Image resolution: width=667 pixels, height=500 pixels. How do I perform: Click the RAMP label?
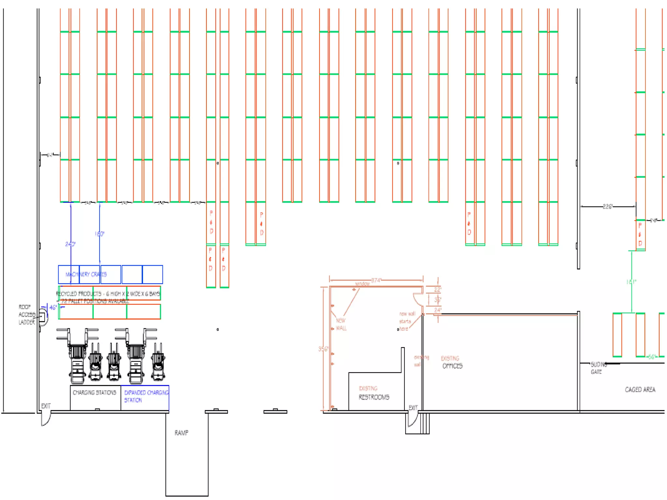coord(181,433)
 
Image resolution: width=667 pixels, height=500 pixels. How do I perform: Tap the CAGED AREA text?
coord(640,390)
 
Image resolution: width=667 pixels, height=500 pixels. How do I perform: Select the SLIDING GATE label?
coord(599,368)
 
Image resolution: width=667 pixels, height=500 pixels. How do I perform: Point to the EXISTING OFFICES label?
coord(452,362)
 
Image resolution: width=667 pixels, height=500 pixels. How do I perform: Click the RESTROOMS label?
coord(374,397)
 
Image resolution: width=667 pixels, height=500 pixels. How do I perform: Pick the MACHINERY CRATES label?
coord(86,274)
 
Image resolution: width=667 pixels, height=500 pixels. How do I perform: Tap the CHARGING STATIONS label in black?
coord(94,393)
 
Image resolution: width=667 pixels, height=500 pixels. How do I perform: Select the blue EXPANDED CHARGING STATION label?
coord(146,396)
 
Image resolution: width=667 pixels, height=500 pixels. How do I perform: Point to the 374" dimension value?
coord(376,280)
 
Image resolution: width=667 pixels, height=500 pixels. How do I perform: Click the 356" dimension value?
coord(323,349)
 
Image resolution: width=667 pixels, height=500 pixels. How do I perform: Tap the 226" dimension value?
coord(607,206)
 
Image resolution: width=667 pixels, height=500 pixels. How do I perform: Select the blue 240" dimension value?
coord(70,244)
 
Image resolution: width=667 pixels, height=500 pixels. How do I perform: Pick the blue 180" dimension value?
coord(99,234)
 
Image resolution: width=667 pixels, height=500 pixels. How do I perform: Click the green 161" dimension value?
coord(631,282)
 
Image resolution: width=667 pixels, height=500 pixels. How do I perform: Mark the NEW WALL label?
coord(341,324)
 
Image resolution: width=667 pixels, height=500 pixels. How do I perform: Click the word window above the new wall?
coord(362,284)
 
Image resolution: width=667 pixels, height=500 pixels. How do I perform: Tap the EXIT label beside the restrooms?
coord(413,408)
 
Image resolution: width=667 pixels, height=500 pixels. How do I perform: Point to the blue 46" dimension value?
coord(53,307)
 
